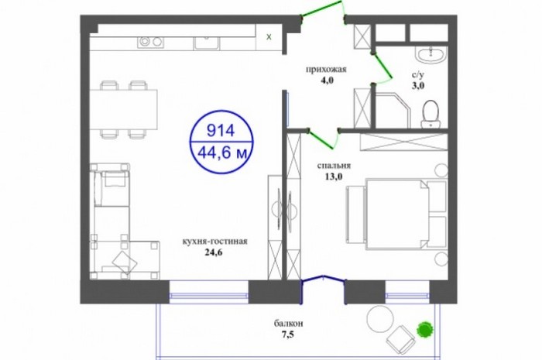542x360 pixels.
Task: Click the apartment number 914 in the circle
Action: (x=221, y=131)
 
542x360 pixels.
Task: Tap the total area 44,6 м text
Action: (x=222, y=153)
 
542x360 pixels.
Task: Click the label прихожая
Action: (x=326, y=70)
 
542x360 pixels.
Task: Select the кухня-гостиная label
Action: (x=214, y=241)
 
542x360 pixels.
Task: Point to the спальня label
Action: (x=334, y=166)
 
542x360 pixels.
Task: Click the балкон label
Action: (x=289, y=324)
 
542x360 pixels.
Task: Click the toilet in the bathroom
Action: (x=431, y=114)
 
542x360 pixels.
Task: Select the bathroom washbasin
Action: (x=431, y=55)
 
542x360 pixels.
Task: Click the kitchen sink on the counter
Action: (x=206, y=43)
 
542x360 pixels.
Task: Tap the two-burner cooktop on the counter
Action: (x=151, y=42)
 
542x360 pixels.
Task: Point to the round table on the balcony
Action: (x=380, y=319)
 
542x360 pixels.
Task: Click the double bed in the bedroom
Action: (x=396, y=213)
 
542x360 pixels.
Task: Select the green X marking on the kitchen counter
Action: (x=269, y=37)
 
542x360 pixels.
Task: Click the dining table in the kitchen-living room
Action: (x=123, y=109)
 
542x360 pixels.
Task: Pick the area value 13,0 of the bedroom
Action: (x=333, y=177)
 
